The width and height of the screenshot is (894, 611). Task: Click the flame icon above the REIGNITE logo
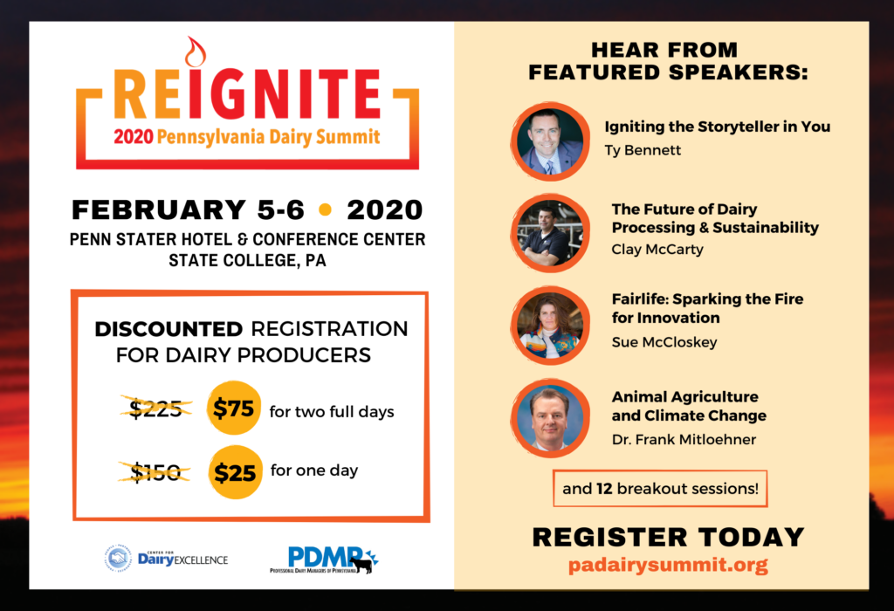point(195,52)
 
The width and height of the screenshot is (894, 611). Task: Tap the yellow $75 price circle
point(234,408)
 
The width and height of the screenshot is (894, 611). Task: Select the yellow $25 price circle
point(235,472)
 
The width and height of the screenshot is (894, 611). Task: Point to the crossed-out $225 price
point(155,408)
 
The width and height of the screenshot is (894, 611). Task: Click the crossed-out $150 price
point(155,472)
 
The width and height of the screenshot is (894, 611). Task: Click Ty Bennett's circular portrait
point(550,142)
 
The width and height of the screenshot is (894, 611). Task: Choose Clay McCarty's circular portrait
point(550,233)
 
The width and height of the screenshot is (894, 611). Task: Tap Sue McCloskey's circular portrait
point(550,326)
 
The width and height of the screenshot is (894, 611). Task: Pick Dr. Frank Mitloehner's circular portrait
point(550,418)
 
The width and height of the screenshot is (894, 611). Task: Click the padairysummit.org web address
point(668,565)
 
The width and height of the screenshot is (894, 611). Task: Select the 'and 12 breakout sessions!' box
point(660,489)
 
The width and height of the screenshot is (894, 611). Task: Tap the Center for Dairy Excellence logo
point(166,559)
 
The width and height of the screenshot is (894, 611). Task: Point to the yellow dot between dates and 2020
point(326,209)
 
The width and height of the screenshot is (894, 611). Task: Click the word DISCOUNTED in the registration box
point(168,329)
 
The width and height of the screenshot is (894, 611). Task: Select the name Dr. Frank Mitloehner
point(684,439)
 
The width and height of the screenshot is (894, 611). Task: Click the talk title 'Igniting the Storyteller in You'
point(718,127)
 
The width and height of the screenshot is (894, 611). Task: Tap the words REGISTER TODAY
point(668,537)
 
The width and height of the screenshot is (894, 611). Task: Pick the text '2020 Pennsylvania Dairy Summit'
point(247,137)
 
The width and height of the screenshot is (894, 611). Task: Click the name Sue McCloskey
point(664,342)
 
